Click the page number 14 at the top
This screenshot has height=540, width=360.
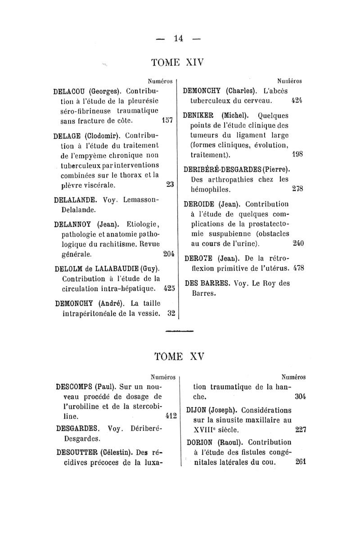[179, 39]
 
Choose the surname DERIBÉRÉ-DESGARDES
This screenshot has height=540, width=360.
[225, 170]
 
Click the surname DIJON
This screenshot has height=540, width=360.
[197, 411]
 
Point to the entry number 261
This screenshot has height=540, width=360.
[301, 462]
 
